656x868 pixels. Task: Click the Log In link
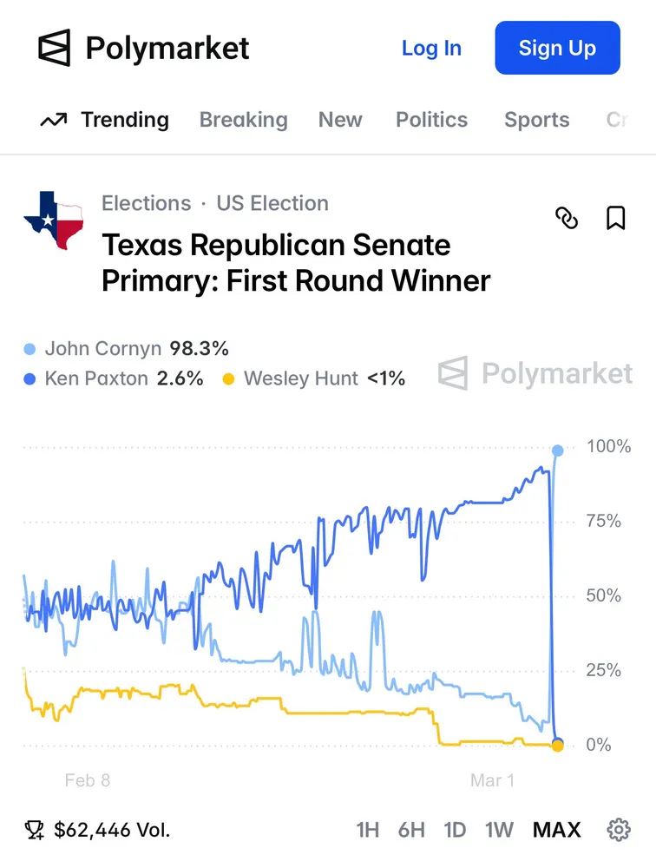click(431, 49)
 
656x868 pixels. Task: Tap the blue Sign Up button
click(557, 49)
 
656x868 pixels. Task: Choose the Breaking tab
click(243, 120)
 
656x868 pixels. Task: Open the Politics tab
click(431, 120)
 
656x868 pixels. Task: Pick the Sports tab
click(536, 120)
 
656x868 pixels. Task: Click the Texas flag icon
click(54, 220)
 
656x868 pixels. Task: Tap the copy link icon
click(567, 218)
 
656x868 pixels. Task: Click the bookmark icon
click(615, 218)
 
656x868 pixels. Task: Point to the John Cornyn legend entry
click(127, 349)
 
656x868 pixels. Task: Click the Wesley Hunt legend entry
click(314, 378)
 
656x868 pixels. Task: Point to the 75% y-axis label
click(604, 522)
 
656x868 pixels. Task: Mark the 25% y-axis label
click(604, 671)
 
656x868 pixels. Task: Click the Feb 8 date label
click(88, 780)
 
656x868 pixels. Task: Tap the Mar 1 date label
click(492, 780)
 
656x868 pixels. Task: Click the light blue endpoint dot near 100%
click(557, 450)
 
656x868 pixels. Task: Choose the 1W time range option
click(499, 830)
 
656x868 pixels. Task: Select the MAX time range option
click(556, 830)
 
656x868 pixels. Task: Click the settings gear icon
click(619, 830)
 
